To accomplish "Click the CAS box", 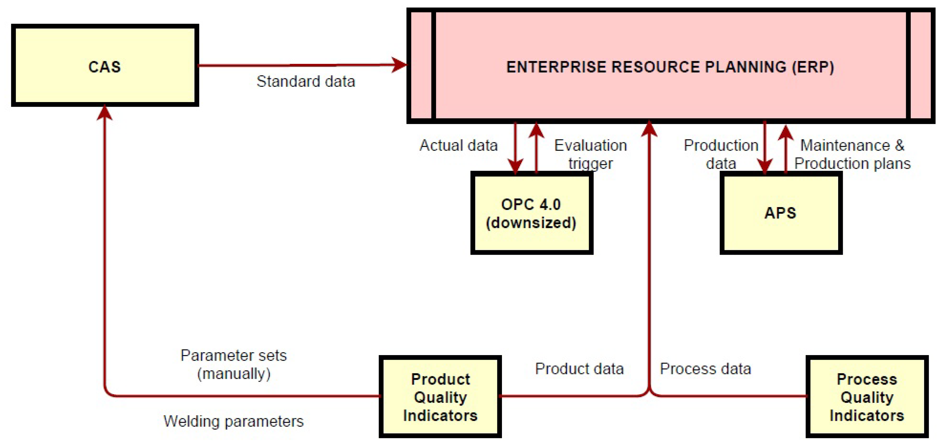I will click(105, 66).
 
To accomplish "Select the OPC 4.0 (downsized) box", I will click(531, 213).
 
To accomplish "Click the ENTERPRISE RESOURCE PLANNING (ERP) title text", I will click(670, 67).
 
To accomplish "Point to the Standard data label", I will click(306, 82).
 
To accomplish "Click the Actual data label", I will click(459, 145).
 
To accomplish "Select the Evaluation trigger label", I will click(590, 154).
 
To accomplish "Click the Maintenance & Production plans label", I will click(852, 154).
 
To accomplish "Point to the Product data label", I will click(579, 369).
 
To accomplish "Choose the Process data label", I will click(705, 369).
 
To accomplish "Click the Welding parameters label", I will click(233, 421).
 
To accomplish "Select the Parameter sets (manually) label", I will click(234, 364).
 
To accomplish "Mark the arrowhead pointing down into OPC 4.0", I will click(515, 166).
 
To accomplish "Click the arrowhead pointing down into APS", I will click(765, 166).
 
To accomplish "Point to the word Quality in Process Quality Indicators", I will click(867, 397).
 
